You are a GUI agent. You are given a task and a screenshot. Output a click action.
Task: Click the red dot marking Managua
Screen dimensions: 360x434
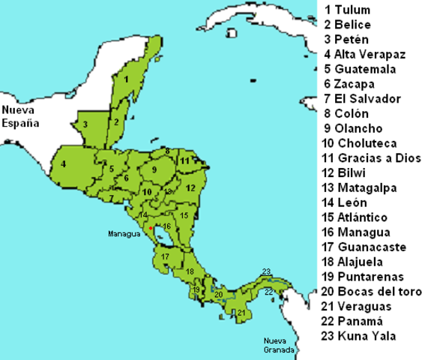pos(151,227)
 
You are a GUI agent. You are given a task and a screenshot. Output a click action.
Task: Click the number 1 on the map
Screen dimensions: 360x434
pos(127,78)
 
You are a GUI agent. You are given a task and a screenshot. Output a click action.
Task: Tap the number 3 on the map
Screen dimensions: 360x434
pos(86,125)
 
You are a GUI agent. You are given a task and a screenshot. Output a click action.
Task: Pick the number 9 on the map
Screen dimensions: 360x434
pos(154,170)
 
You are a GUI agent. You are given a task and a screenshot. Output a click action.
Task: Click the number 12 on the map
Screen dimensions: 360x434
pos(190,187)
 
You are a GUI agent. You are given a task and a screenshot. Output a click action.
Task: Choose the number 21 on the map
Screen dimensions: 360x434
pos(241,312)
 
